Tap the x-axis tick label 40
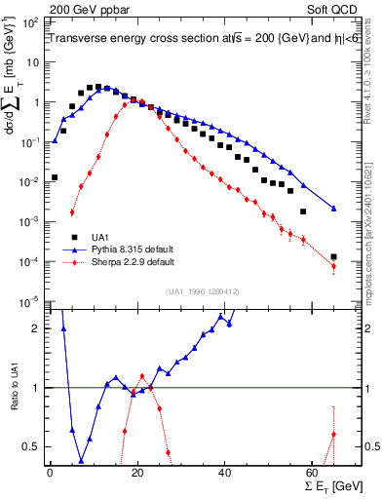point(224,472)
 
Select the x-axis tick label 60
point(312,472)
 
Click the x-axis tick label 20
point(136,472)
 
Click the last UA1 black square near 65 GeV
point(333,257)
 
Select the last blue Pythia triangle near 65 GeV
point(333,209)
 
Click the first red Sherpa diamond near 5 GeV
point(72,212)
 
